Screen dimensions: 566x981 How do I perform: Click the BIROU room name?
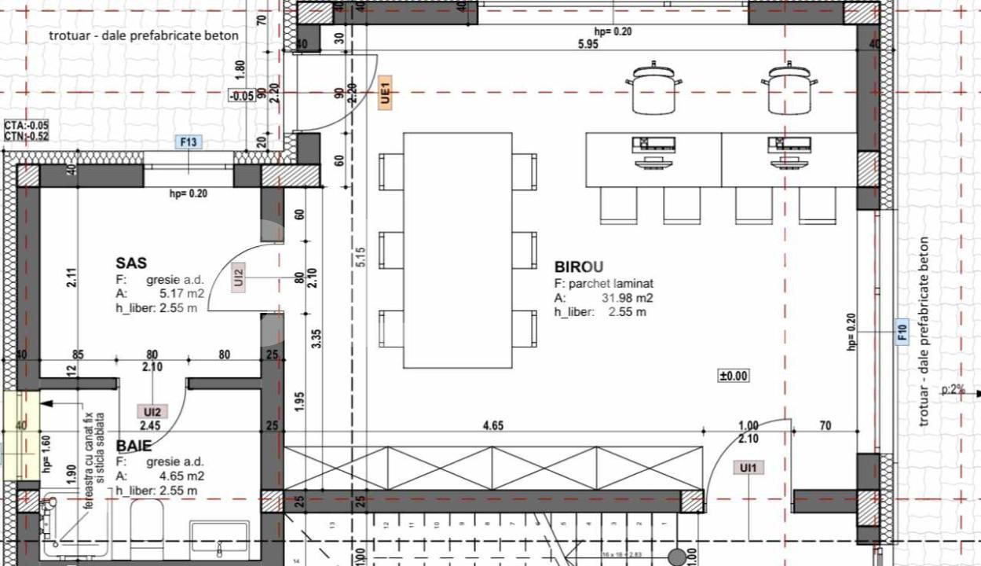click(x=578, y=267)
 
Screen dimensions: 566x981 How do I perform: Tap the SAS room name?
click(x=131, y=263)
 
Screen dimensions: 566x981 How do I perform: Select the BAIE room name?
click(x=135, y=447)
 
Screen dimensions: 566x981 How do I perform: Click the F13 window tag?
click(x=189, y=142)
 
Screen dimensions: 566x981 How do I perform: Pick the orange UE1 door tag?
click(x=385, y=93)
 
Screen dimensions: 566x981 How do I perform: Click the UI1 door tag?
click(x=748, y=468)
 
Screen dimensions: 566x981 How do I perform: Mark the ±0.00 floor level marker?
click(x=734, y=377)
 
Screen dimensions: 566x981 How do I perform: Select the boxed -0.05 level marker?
click(x=241, y=96)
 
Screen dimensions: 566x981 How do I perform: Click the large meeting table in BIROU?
click(x=457, y=250)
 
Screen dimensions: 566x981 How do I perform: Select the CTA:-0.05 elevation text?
click(x=27, y=125)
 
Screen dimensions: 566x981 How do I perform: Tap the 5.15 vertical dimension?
click(x=360, y=256)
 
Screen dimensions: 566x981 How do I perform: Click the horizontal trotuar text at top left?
click(x=144, y=35)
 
